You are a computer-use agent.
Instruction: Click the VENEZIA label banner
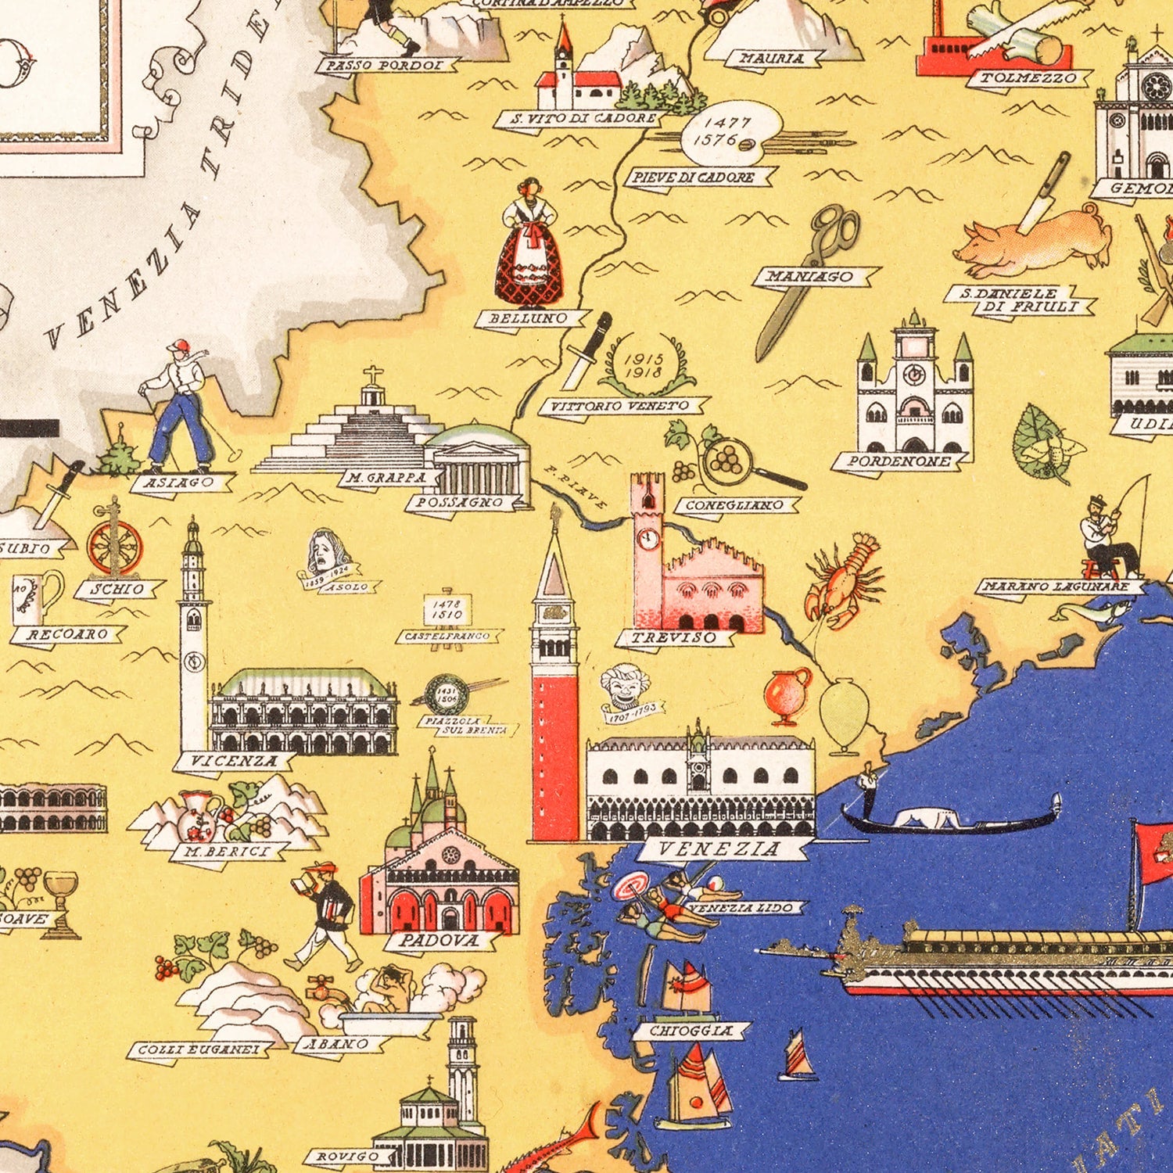720,848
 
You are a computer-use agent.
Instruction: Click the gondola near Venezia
950,817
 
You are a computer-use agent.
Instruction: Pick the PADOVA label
439,941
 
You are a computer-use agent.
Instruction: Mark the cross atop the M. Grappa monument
373,375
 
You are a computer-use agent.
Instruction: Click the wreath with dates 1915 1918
645,364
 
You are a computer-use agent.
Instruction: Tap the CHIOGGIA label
692,1031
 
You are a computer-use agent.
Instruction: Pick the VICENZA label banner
234,760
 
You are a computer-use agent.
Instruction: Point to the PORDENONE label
899,461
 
